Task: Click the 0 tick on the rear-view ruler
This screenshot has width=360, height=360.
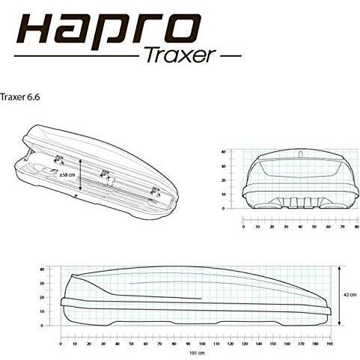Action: coord(243,225)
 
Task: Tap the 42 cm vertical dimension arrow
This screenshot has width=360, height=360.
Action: coord(338,294)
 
